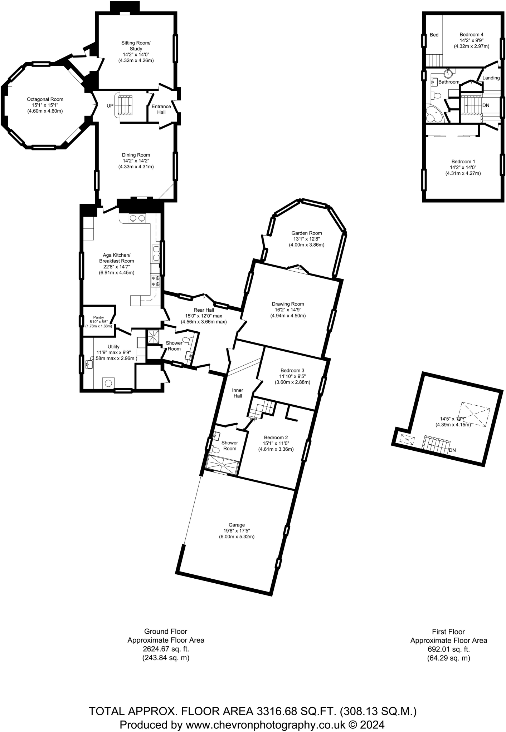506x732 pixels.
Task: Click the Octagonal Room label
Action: (x=45, y=99)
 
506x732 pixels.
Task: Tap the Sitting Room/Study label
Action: (x=136, y=46)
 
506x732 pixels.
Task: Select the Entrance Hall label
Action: (x=161, y=109)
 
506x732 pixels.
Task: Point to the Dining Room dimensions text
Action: (x=136, y=164)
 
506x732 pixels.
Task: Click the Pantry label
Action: (x=98, y=317)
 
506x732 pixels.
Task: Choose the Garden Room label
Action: (x=306, y=233)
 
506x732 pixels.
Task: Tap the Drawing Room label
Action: (x=288, y=304)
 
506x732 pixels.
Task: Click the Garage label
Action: (x=237, y=525)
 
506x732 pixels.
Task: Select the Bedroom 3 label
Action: (x=292, y=370)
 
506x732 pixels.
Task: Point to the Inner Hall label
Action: (x=238, y=393)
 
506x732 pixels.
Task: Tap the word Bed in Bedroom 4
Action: (x=434, y=35)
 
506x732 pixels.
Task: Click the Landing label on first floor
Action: (x=491, y=78)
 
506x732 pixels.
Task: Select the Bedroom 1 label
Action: (x=463, y=162)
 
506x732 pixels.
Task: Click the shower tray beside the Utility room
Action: (x=154, y=336)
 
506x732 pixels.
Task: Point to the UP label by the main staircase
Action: (x=110, y=106)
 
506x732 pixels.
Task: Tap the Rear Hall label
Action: (x=204, y=310)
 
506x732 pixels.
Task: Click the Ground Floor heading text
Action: (x=166, y=632)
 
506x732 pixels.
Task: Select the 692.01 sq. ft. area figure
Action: (x=448, y=649)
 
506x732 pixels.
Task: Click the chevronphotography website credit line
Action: (x=252, y=724)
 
